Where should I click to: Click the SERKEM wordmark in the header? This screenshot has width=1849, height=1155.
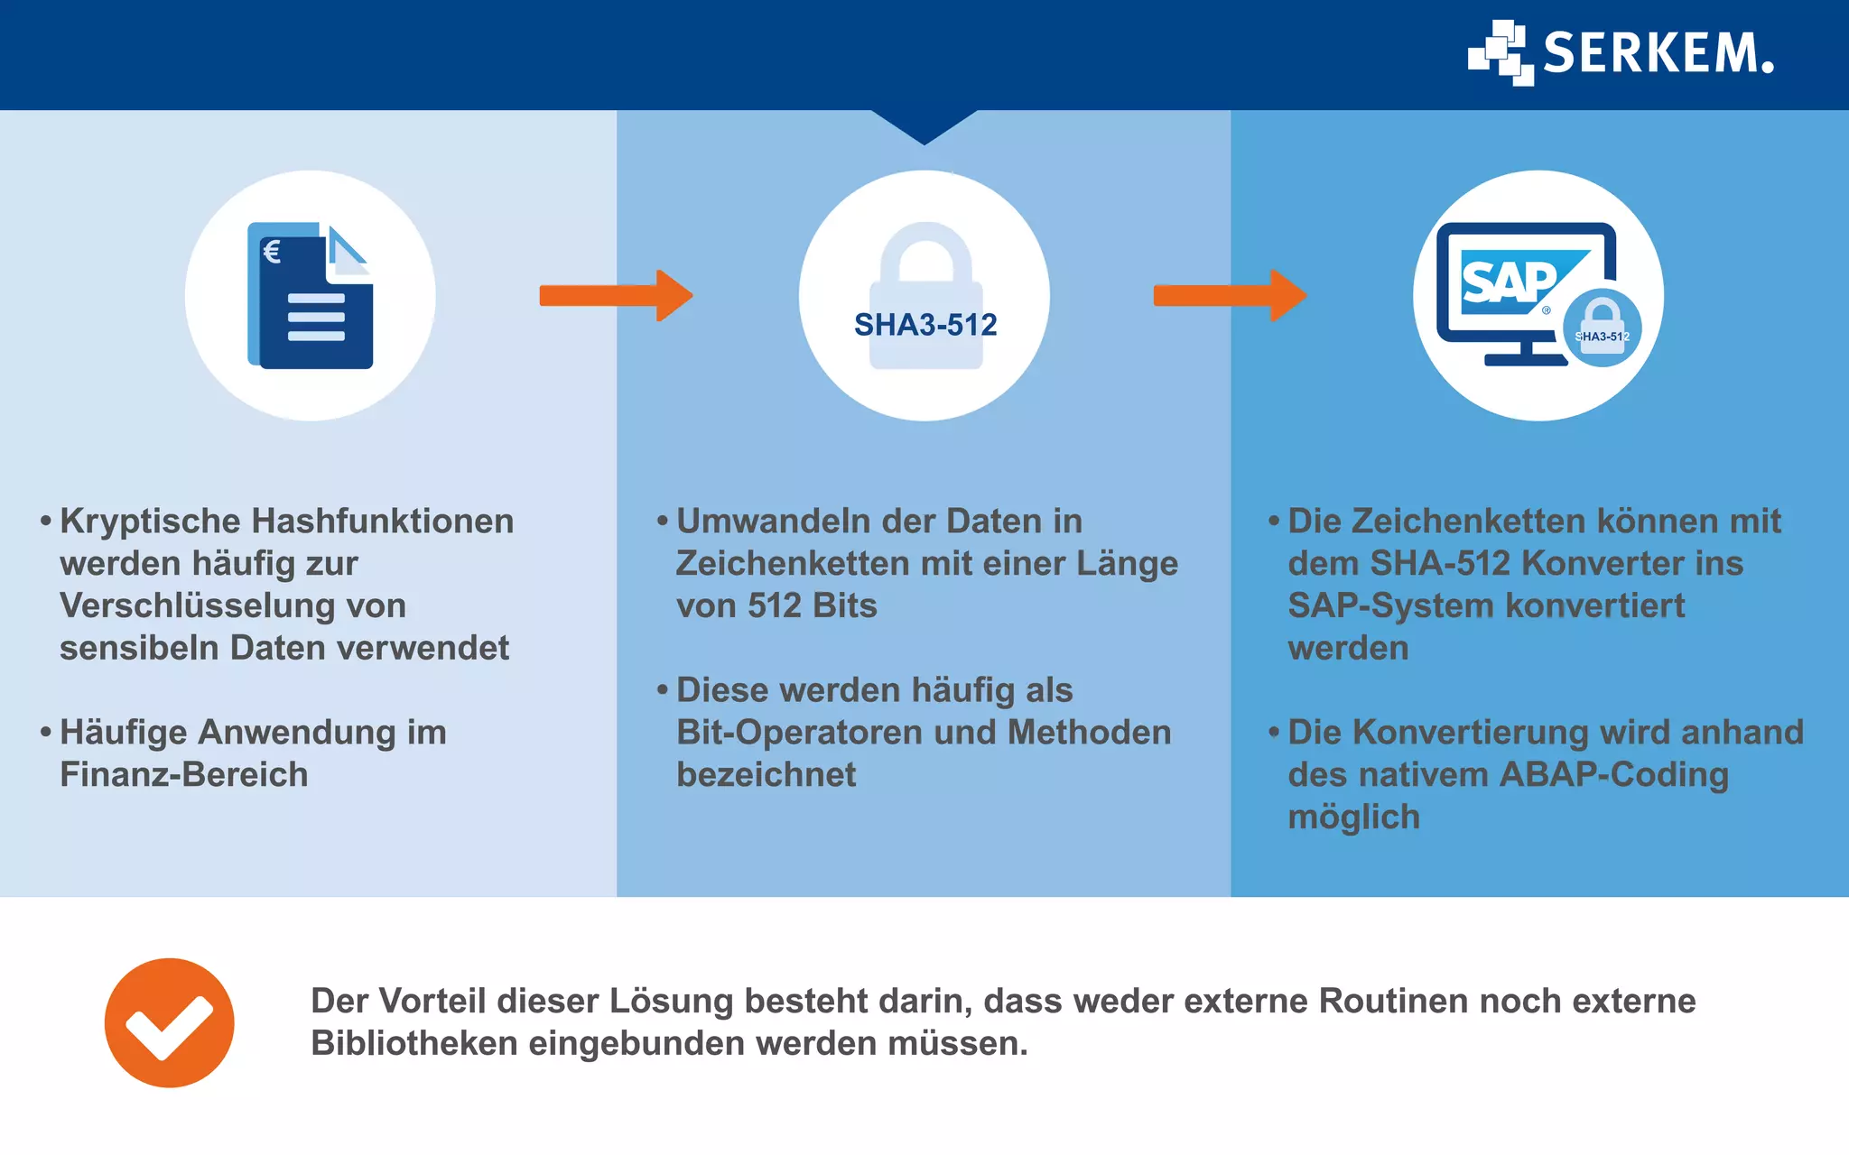point(1658,53)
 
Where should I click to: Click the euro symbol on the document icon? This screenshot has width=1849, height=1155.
point(272,251)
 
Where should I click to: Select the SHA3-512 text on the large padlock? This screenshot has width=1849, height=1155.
point(925,325)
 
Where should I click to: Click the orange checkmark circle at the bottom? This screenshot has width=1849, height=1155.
point(170,1022)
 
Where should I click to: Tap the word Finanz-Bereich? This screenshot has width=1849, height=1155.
point(184,775)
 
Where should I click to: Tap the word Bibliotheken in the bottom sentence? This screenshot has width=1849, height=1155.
point(413,1044)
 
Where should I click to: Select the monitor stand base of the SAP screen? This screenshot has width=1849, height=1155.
point(1526,359)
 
